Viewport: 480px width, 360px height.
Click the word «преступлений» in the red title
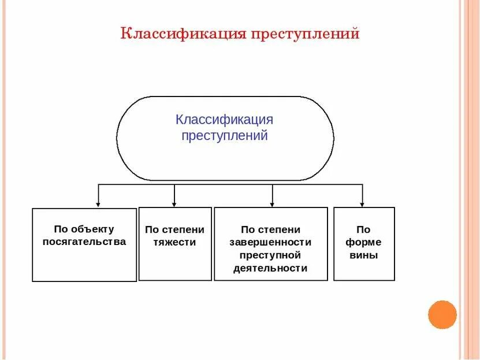pos(305,34)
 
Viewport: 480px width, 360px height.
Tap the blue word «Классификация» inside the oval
pos(224,120)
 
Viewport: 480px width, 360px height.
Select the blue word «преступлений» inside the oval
pos(225,136)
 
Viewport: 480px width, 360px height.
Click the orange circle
pos(442,315)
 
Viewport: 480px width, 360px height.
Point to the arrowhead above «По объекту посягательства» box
pos(98,203)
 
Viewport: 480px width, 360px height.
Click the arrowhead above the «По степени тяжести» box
pos(174,203)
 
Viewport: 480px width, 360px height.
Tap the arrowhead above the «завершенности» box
pos(272,203)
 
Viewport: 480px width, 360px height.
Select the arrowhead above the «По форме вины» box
pos(362,203)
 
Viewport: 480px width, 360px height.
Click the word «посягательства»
pos(84,242)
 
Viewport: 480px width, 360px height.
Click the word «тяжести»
pos(174,243)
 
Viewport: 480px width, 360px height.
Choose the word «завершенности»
pos(270,242)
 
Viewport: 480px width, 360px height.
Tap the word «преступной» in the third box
pos(270,255)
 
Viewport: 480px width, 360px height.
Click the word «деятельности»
pos(270,268)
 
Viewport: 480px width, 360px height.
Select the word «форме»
pos(364,242)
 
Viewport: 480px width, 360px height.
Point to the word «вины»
pos(364,255)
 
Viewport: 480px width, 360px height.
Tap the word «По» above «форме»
pos(363,229)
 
